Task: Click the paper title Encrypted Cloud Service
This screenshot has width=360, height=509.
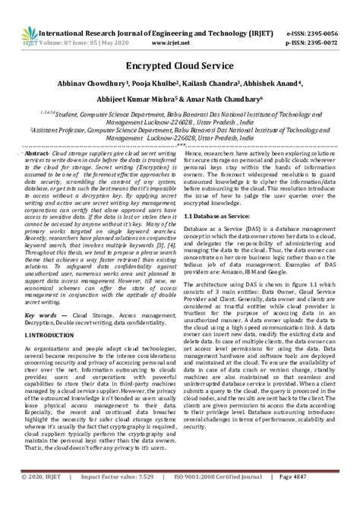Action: coord(181,65)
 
